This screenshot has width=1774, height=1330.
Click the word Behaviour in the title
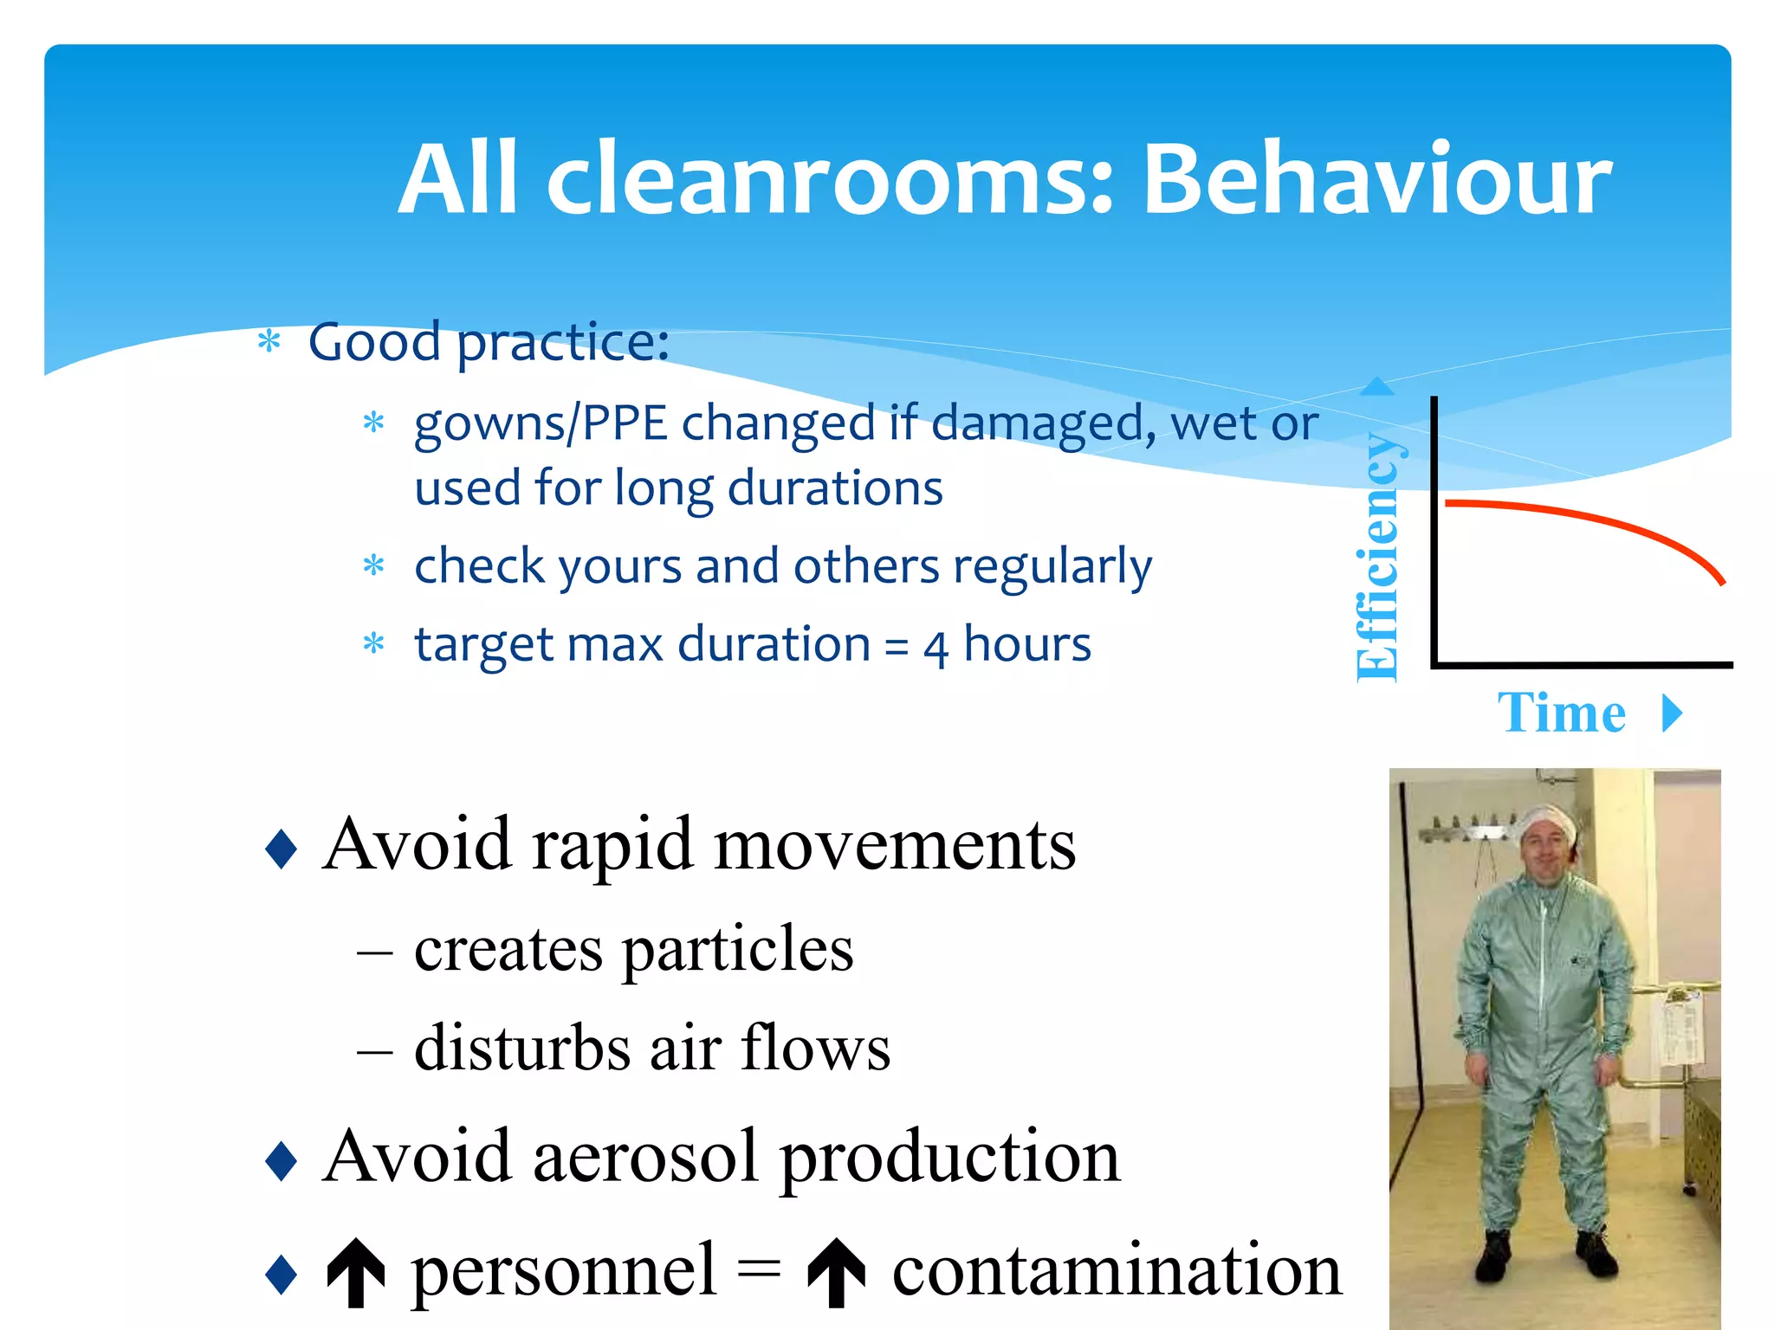click(x=1377, y=179)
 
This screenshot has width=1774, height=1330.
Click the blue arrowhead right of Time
click(x=1673, y=713)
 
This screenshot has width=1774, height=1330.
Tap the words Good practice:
click(x=489, y=342)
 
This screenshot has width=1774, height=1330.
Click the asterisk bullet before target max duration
click(x=373, y=644)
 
